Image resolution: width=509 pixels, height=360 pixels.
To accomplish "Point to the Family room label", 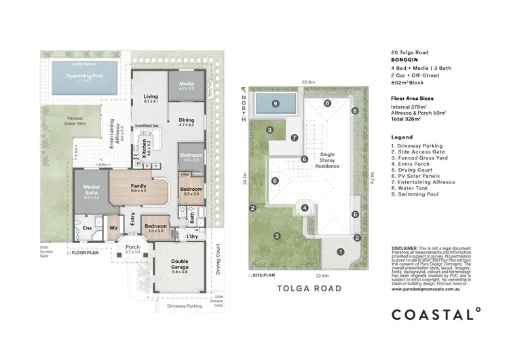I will point(138,188).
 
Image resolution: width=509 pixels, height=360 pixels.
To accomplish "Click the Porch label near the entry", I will point(132,249).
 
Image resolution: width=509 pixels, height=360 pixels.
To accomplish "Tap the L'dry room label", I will point(192,236).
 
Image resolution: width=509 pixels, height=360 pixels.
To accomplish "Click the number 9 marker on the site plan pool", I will point(276,104).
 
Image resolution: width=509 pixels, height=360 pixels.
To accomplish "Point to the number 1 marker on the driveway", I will point(341,252).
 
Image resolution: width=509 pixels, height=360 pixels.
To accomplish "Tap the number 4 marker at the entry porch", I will point(305,208).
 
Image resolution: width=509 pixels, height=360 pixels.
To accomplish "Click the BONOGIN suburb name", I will point(406,60).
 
